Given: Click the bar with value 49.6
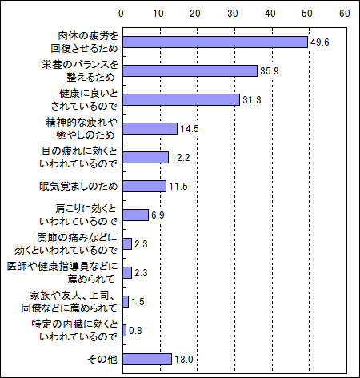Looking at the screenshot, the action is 215,42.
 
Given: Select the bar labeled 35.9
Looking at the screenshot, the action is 190,71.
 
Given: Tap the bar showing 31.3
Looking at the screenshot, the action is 182,100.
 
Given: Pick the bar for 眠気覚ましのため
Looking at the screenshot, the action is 145,187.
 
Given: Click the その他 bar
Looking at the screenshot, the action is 147,360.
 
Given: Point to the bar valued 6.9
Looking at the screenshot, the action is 136,215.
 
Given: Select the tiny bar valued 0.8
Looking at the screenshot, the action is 125,331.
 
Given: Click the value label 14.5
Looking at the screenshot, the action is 190,129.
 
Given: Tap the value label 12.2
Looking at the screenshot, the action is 181,158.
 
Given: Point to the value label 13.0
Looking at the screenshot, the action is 184,360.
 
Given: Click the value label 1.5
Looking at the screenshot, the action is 138,302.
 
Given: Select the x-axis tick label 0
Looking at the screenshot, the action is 121,14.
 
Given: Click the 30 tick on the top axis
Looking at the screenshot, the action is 233,14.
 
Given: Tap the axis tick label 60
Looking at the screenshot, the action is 345,14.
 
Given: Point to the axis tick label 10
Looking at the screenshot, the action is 158,14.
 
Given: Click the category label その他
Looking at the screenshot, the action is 102,360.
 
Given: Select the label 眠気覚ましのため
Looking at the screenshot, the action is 78,187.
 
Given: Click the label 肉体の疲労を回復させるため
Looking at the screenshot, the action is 85,42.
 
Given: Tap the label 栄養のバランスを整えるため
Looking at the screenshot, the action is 80,71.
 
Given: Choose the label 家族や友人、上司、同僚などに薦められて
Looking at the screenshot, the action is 70,302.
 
